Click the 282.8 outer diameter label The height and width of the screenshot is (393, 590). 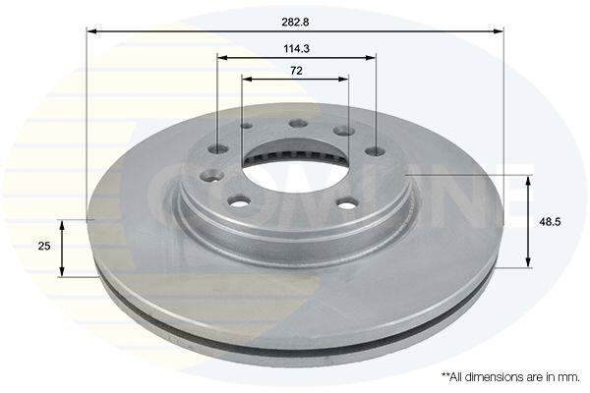pos(295,23)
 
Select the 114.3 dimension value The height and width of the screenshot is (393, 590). pos(297,49)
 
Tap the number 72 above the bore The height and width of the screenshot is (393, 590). pos(297,71)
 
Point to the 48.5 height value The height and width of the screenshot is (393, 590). pos(550,222)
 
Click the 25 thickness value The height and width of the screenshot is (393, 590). pos(44,246)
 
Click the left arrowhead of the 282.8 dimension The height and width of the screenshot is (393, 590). pos(91,31)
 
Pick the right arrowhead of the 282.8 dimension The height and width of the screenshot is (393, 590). pos(498,31)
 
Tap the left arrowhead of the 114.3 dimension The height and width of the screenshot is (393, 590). pos(223,58)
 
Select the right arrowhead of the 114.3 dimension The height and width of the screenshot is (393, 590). pos(371,58)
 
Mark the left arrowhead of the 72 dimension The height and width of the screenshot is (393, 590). pos(247,79)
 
